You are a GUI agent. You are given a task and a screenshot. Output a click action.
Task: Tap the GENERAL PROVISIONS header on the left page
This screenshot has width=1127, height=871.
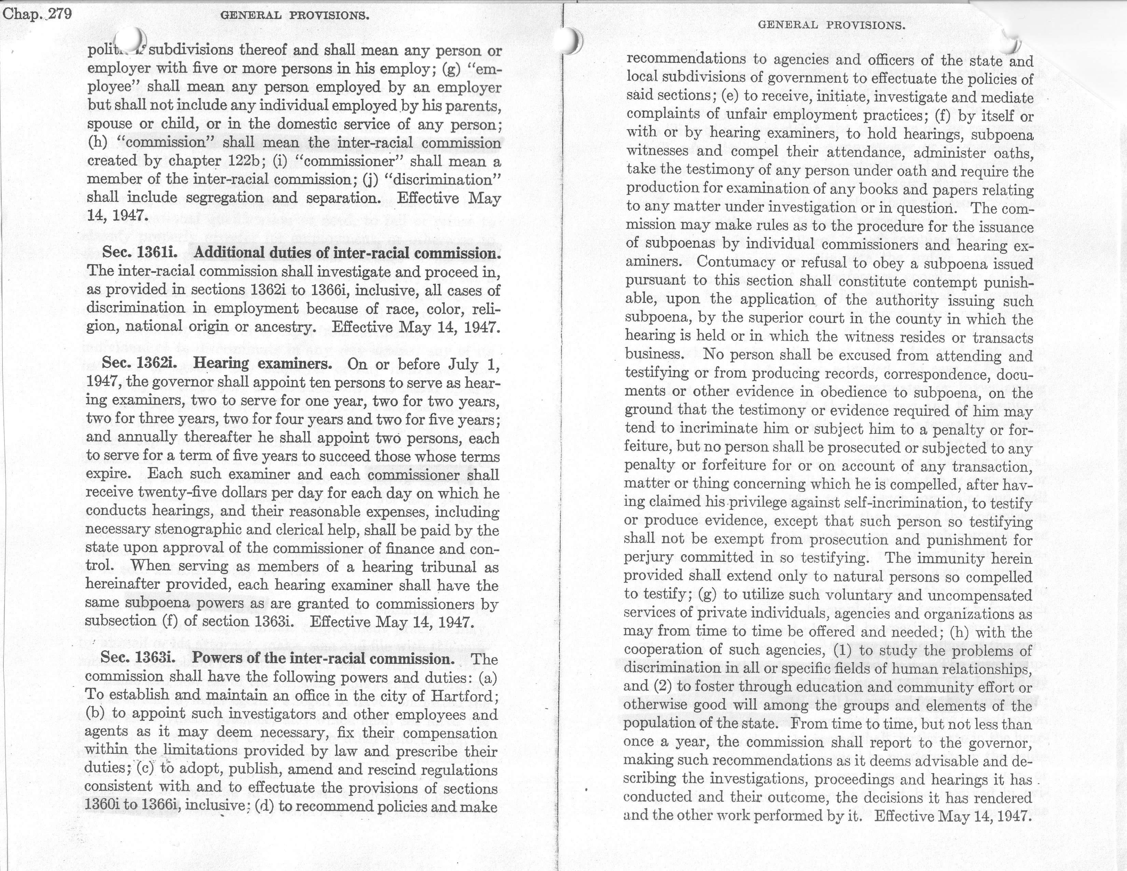[295, 15]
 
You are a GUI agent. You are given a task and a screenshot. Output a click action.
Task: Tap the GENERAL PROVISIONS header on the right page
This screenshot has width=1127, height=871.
[831, 25]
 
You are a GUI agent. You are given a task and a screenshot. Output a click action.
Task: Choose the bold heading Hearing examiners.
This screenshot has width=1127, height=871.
[263, 363]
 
